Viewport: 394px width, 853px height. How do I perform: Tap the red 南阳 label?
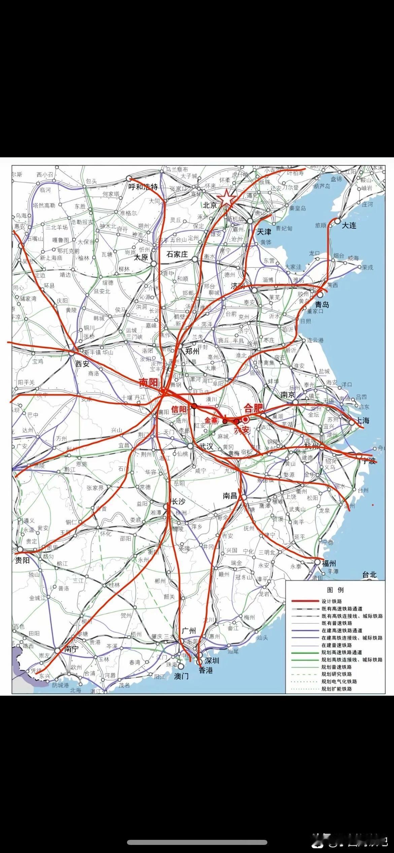149,383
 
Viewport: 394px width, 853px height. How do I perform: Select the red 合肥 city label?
254,409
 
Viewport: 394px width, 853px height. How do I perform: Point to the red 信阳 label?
179,410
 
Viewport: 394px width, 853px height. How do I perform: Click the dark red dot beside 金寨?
225,421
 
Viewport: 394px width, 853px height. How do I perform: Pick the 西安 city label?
83,364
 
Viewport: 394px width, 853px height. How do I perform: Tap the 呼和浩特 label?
143,187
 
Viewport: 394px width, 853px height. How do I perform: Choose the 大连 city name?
349,225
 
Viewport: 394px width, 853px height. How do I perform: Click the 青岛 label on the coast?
322,305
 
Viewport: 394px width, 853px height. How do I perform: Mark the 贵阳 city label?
22,560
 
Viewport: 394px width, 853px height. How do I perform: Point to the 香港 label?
206,670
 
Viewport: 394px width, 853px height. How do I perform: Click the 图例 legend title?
335,590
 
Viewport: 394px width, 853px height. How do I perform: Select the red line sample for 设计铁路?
305,601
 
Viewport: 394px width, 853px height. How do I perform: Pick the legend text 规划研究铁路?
337,674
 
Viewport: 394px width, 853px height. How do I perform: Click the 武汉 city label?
206,446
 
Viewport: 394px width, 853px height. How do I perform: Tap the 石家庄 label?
177,254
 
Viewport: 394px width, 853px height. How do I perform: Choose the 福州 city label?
329,563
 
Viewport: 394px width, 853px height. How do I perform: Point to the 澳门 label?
182,676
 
